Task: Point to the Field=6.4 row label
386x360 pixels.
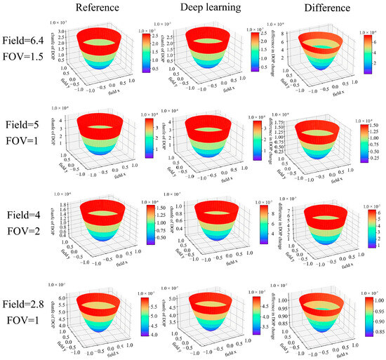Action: (23, 41)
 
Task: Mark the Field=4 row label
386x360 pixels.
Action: (23, 215)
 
